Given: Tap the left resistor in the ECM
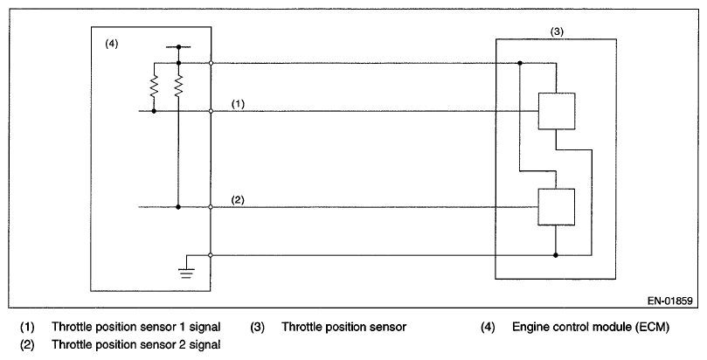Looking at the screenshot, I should [154, 87].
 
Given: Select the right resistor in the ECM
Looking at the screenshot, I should [178, 87].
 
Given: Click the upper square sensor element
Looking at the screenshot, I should [556, 111].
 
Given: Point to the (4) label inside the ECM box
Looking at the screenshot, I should [111, 44].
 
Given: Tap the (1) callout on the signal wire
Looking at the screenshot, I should [239, 103].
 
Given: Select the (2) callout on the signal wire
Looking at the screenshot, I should [239, 199].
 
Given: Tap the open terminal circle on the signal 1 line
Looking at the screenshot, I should [211, 112].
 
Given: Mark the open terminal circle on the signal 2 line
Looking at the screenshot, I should [211, 207].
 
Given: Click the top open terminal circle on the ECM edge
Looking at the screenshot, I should [211, 64].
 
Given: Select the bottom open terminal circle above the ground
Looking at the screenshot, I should [211, 255].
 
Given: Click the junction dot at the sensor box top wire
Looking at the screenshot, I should [520, 64].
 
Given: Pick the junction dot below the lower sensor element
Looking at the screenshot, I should [556, 255].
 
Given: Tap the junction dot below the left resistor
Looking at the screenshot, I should [154, 112].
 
